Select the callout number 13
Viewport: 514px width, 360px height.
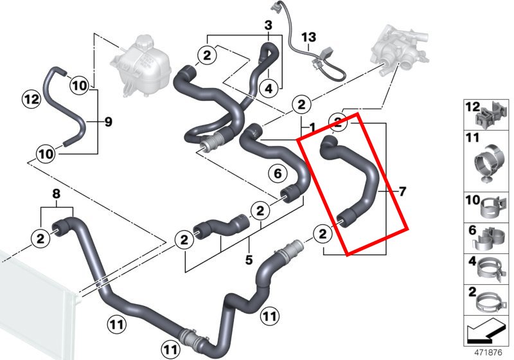pos(308,37)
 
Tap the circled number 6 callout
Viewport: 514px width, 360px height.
pos(278,173)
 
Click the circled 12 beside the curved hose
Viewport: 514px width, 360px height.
pos(31,99)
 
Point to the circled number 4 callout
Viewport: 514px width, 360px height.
pos(268,88)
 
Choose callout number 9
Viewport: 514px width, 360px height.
pos(108,122)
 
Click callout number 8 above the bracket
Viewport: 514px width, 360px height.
pos(57,194)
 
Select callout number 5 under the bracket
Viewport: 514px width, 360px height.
pos(249,260)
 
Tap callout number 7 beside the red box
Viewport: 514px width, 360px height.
pos(402,191)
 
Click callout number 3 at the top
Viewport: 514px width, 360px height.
pos(268,25)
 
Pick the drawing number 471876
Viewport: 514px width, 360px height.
pos(488,352)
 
